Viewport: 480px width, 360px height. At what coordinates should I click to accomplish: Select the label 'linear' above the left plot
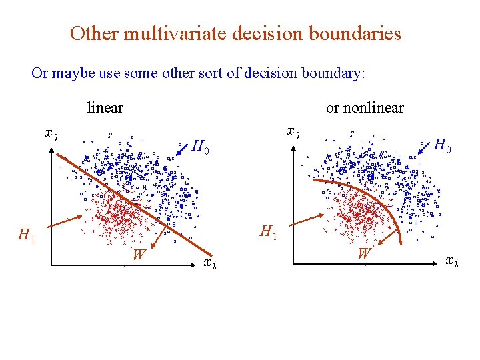tap(105, 107)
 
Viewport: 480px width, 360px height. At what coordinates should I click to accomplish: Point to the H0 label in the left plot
tap(201, 147)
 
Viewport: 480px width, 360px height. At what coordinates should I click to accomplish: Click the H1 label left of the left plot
tap(27, 235)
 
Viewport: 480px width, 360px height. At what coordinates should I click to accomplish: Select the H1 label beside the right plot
tap(269, 233)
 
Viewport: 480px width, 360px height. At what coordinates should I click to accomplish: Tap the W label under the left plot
tap(138, 254)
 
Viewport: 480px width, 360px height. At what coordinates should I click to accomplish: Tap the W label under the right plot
tap(364, 253)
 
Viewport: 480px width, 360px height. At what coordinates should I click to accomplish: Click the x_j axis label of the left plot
tap(51, 135)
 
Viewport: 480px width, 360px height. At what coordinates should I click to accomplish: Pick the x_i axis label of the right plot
tap(451, 261)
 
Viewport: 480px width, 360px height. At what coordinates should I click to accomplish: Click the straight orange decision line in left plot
tap(133, 200)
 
